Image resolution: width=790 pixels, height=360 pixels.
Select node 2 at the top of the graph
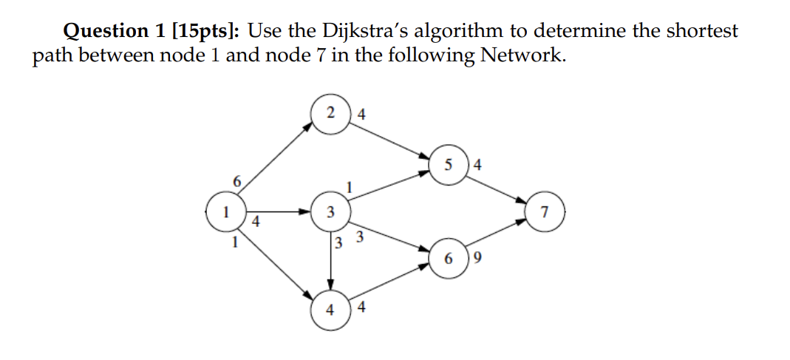tap(331, 113)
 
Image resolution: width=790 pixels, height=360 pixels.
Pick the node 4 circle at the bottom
tap(331, 308)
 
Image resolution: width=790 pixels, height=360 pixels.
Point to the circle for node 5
tap(449, 165)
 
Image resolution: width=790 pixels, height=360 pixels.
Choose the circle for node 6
tap(449, 259)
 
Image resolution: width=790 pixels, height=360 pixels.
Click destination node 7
tap(545, 212)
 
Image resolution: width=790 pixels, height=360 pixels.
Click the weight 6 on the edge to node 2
tap(236, 181)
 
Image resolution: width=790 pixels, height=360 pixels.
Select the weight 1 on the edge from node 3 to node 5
tap(349, 187)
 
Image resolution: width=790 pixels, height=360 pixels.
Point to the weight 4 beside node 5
tap(477, 166)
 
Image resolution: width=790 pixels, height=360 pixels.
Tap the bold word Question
tap(106, 31)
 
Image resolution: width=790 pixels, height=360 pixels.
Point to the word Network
tap(522, 55)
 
